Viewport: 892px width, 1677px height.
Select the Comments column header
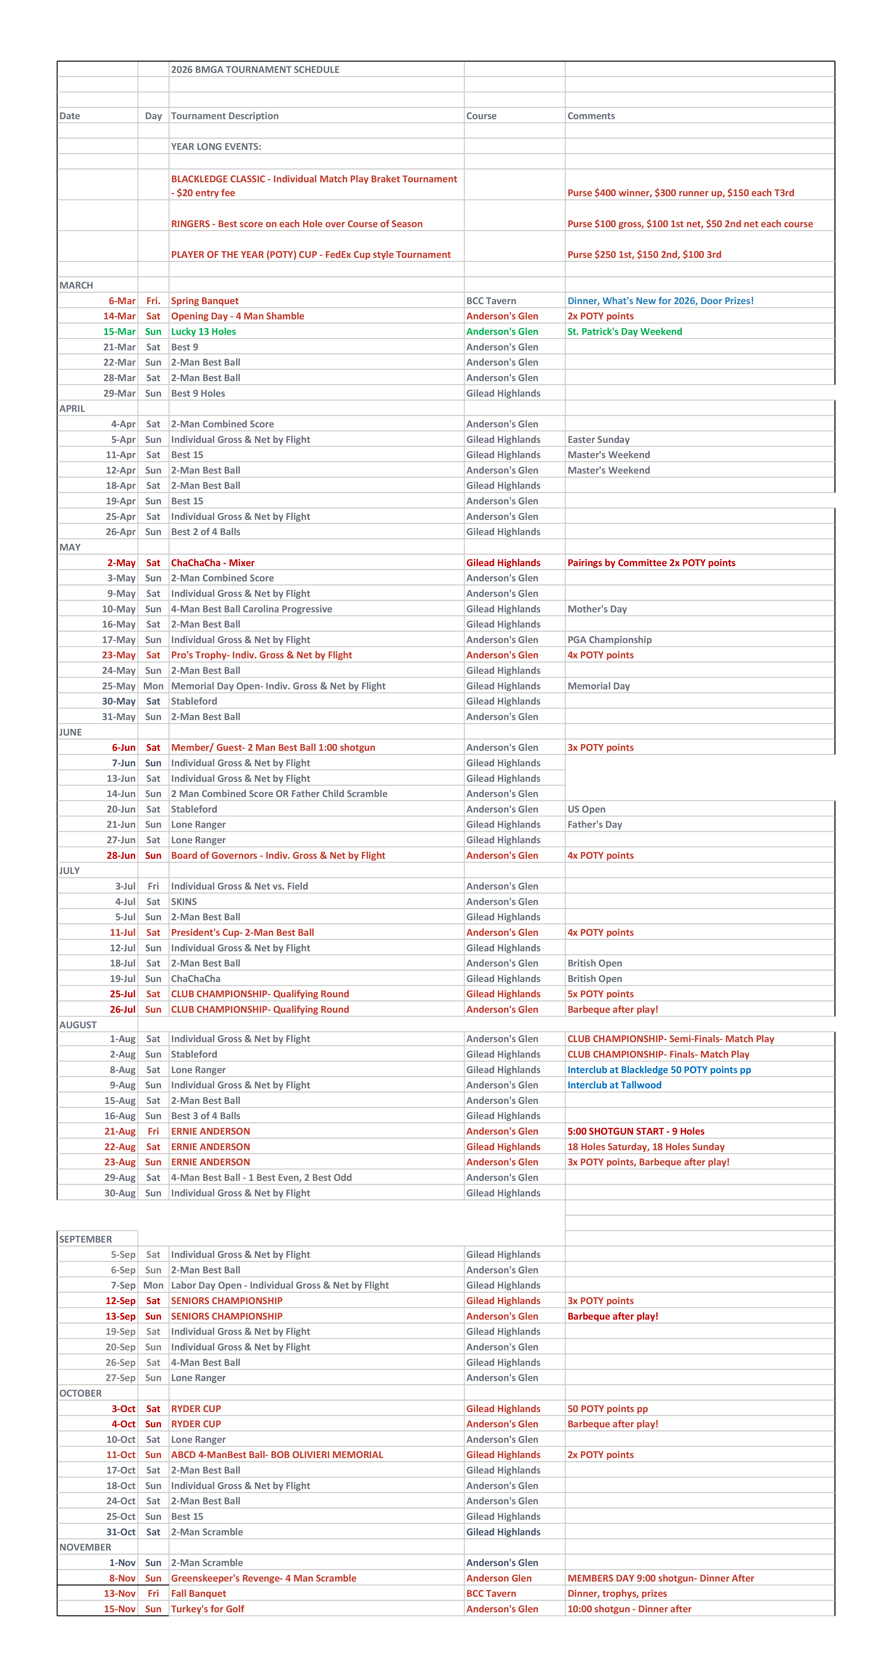[x=590, y=116]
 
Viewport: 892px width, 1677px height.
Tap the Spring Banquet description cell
[x=204, y=301]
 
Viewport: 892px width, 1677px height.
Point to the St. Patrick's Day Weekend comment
[x=625, y=331]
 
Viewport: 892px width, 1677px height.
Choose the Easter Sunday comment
[x=598, y=439]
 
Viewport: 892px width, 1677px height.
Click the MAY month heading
[x=70, y=548]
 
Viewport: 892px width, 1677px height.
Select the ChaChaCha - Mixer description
[x=212, y=563]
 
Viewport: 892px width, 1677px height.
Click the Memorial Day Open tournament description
[x=278, y=686]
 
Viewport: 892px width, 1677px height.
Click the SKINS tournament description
[x=184, y=902]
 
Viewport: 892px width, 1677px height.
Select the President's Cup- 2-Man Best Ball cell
[x=242, y=932]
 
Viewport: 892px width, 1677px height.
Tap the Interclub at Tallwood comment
[x=614, y=1085]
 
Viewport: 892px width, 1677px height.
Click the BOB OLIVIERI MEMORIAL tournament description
[x=277, y=1455]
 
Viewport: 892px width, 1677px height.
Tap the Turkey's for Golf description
[x=207, y=1609]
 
